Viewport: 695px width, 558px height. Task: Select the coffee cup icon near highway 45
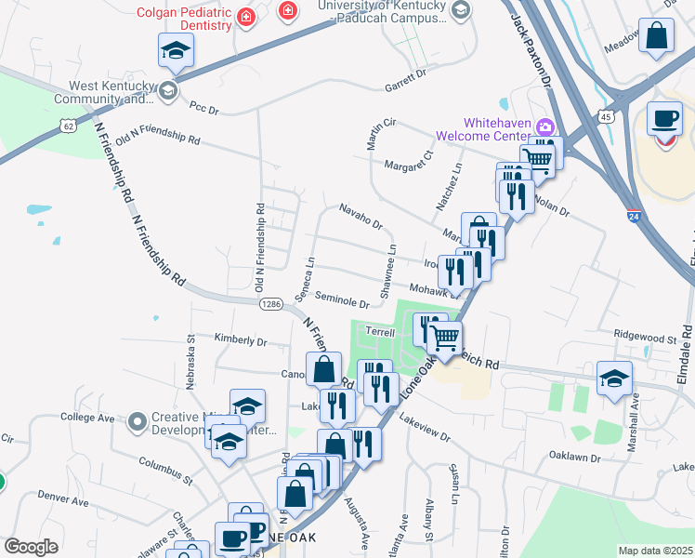coord(664,119)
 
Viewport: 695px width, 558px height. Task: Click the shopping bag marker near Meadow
coord(657,37)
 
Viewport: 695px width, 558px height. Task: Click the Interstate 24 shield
coord(634,217)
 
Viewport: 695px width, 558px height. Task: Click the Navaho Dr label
coord(361,217)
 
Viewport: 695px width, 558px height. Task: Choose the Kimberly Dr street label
coord(241,340)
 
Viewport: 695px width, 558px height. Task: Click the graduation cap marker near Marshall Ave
coord(614,379)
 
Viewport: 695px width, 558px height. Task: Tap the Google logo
coord(31,547)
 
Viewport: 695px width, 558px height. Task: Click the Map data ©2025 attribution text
coord(655,551)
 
